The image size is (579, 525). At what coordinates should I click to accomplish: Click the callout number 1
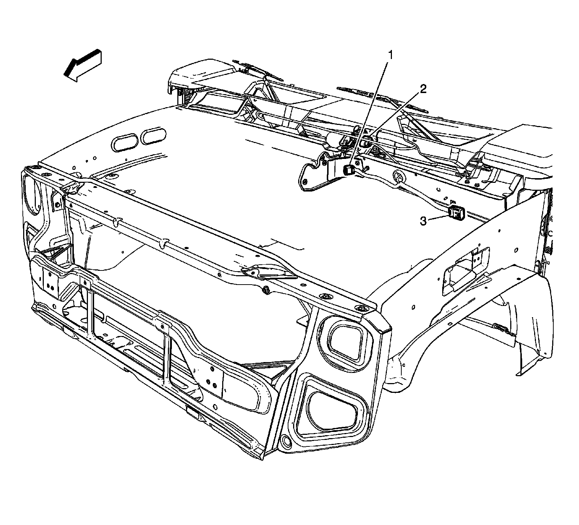coord(390,55)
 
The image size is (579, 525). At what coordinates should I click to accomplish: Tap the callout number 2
coord(423,89)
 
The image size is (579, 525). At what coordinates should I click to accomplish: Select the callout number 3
coord(423,221)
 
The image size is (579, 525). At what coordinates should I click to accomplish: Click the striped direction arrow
coord(83,66)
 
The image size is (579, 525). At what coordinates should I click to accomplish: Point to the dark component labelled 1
coord(348,169)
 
